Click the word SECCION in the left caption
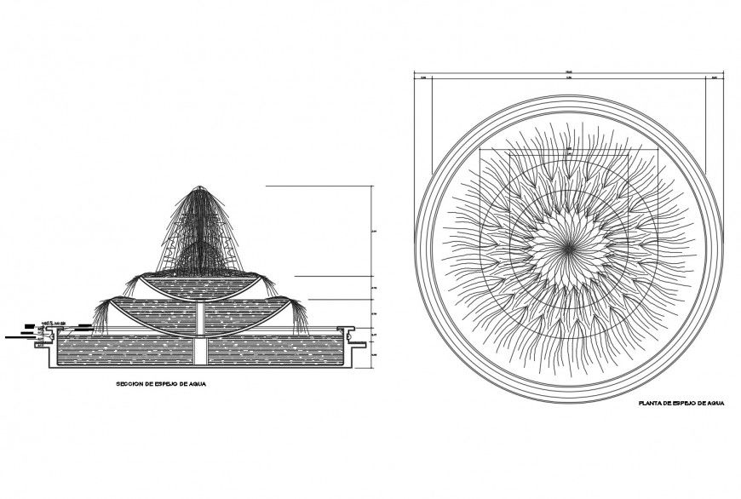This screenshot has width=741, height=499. tap(130, 384)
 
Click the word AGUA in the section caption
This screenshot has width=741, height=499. tap(198, 384)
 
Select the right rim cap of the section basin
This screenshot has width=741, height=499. tap(346, 329)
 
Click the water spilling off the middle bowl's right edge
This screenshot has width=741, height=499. tap(301, 313)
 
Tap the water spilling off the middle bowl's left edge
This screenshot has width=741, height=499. tap(102, 314)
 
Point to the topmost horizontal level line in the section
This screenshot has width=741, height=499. tap(320, 186)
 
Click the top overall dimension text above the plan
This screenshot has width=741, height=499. tap(567, 71)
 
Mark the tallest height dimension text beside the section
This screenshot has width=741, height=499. tap(376, 231)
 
